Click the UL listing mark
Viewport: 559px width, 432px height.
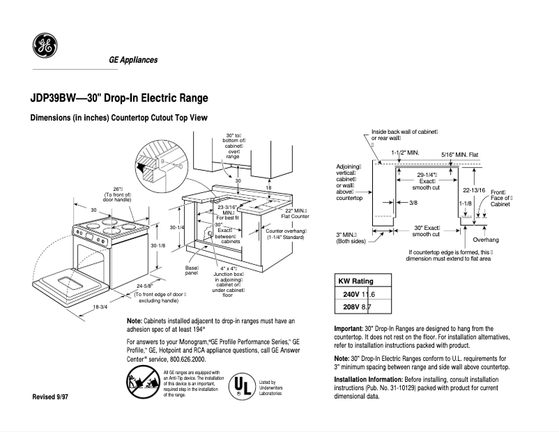click(x=240, y=385)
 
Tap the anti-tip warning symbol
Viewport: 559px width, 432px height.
click(x=141, y=384)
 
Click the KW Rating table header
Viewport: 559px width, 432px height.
click(x=355, y=281)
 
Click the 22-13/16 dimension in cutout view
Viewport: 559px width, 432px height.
click(x=474, y=190)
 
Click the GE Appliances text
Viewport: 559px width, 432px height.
click(x=133, y=60)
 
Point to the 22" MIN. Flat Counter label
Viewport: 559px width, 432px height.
click(x=295, y=213)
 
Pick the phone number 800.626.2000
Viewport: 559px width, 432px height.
click(x=183, y=360)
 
